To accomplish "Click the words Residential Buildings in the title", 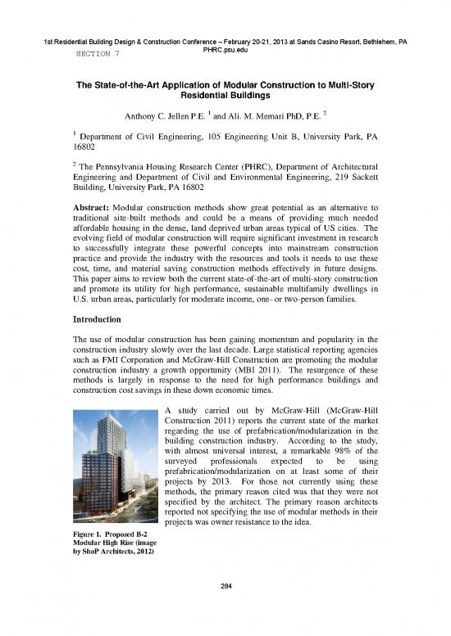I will pos(224,96).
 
